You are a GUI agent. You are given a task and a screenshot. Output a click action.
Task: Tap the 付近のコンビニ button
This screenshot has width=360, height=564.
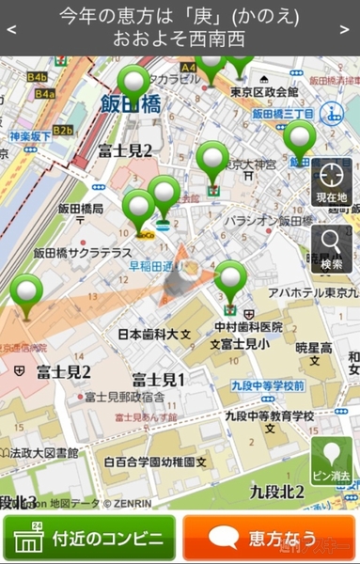coord(89,540)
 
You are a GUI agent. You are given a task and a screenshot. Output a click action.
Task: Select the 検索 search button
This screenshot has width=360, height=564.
coord(332,249)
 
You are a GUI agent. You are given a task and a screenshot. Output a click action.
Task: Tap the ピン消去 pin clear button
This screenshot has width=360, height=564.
coord(332,461)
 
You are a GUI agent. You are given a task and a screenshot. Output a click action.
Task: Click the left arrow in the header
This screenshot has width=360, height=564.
coord(10,28)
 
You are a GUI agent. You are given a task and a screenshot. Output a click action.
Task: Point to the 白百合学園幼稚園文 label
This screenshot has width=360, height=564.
coord(155,462)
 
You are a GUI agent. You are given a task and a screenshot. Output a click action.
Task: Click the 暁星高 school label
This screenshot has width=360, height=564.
coord(314,348)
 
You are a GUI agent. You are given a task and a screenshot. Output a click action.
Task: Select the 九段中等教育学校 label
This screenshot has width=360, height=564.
coord(269,415)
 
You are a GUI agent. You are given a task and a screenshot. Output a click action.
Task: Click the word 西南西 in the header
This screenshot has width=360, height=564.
coord(218,39)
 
